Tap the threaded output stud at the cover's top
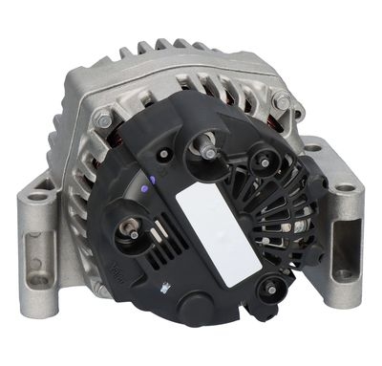[x=206, y=149]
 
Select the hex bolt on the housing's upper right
[x=281, y=101]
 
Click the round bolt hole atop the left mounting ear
[x=38, y=196]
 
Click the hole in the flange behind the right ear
[x=312, y=148]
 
